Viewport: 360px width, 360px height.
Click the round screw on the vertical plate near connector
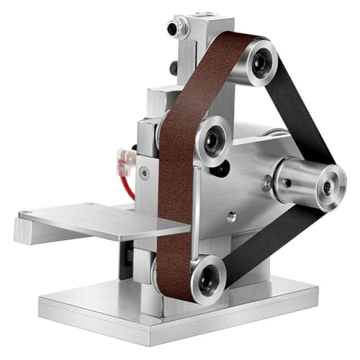(145, 172)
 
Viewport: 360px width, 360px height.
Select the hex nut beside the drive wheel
(266, 184)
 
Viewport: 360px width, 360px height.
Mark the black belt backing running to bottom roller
(259, 241)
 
